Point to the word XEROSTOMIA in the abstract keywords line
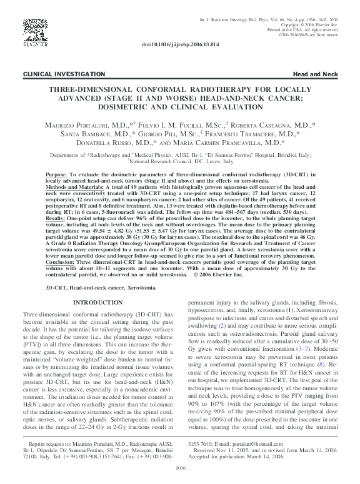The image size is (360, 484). (x=131, y=289)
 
